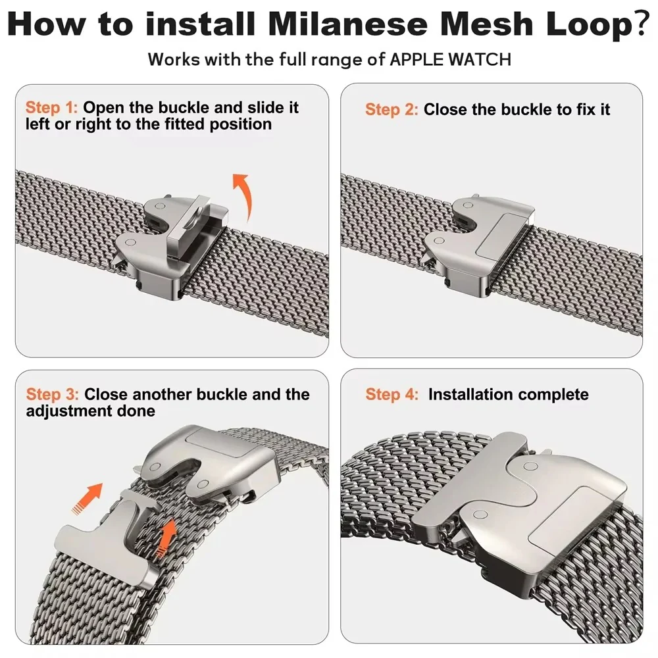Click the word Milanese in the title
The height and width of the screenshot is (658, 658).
click(x=348, y=24)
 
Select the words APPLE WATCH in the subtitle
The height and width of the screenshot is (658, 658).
click(x=450, y=60)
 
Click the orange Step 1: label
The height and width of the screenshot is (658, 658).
click(x=51, y=107)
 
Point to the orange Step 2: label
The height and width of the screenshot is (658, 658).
click(x=392, y=109)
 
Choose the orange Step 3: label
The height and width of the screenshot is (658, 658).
click(x=53, y=394)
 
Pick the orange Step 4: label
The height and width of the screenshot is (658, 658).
click(x=392, y=394)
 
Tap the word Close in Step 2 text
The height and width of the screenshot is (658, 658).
click(x=445, y=109)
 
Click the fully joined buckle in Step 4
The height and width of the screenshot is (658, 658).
click(x=520, y=499)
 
